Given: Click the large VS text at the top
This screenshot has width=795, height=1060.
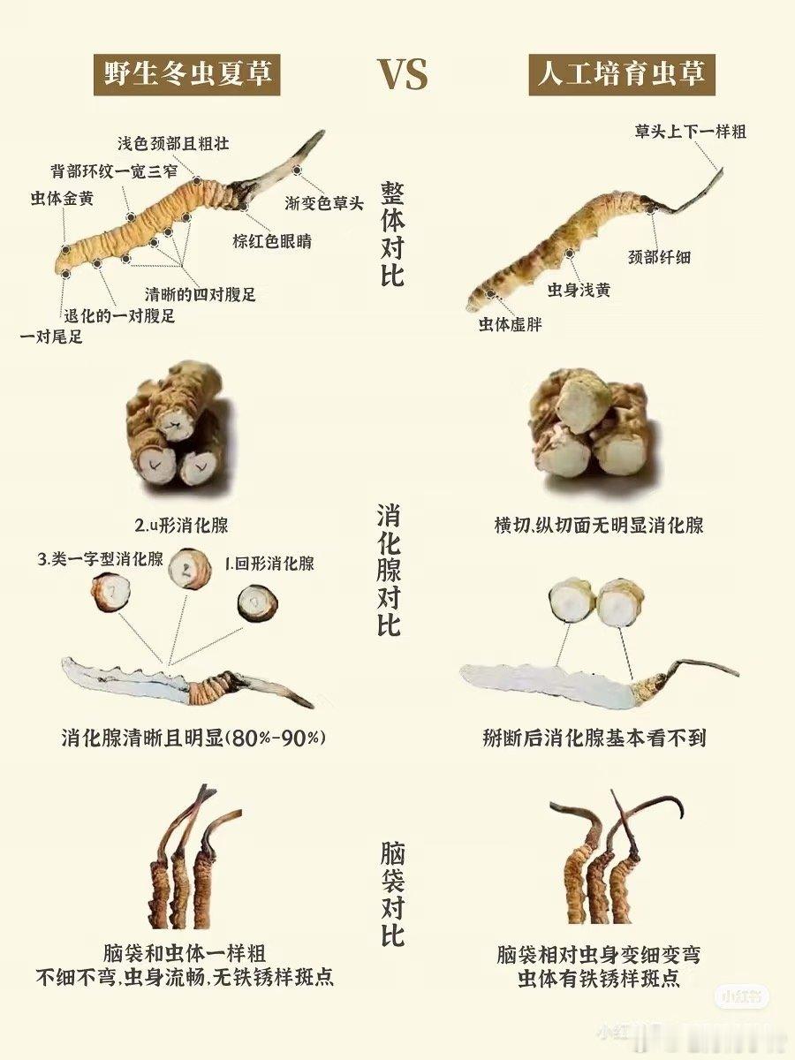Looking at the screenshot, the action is (404, 76).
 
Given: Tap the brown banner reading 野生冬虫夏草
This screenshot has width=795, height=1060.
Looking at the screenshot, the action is (186, 74).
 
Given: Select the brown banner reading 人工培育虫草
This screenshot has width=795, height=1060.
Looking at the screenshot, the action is (622, 74).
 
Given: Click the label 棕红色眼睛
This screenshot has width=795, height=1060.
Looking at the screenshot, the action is (272, 241).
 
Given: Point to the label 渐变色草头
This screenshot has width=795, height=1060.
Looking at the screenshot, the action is (323, 203).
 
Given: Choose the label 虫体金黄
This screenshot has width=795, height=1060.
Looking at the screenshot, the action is (62, 198).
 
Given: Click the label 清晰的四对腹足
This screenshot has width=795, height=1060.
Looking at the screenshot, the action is (201, 294).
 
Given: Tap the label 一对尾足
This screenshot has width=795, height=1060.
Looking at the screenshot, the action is (51, 337).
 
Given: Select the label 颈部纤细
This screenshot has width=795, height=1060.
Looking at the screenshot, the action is (659, 257).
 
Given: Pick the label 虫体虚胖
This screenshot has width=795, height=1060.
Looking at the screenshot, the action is (511, 324).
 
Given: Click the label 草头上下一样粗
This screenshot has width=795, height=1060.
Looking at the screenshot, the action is (690, 132).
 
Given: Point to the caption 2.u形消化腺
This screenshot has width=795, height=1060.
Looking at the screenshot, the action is (181, 526).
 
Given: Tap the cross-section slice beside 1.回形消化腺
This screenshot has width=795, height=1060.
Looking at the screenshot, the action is (258, 602).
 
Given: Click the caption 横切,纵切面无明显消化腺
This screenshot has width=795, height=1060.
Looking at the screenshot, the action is (599, 525).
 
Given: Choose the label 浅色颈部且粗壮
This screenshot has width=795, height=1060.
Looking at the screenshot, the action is (173, 143).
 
